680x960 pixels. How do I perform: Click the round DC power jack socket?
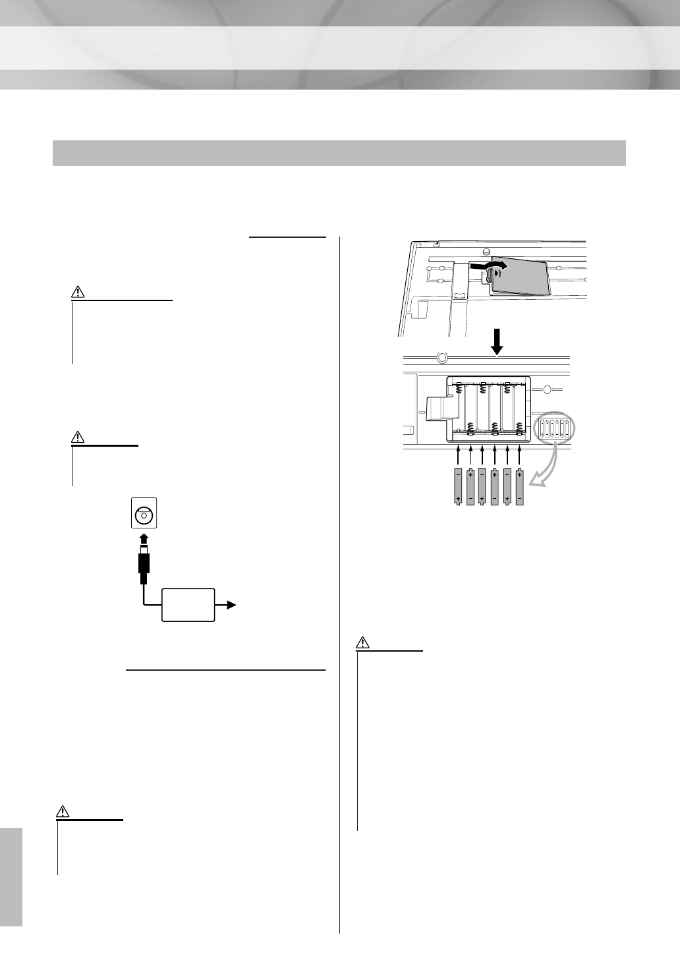(x=143, y=516)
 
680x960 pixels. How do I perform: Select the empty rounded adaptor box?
(x=188, y=605)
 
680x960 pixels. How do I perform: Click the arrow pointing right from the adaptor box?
(x=231, y=604)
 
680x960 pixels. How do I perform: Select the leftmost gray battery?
(x=458, y=486)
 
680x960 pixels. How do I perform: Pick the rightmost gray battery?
(x=520, y=486)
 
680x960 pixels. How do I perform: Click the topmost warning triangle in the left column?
(x=78, y=292)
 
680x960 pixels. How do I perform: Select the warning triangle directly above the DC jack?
(x=78, y=437)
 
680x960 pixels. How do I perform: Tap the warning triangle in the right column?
(x=363, y=641)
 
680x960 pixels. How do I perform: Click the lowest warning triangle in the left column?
(x=63, y=811)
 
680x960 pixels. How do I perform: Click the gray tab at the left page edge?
(x=11, y=869)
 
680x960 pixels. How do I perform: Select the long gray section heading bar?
(x=339, y=153)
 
